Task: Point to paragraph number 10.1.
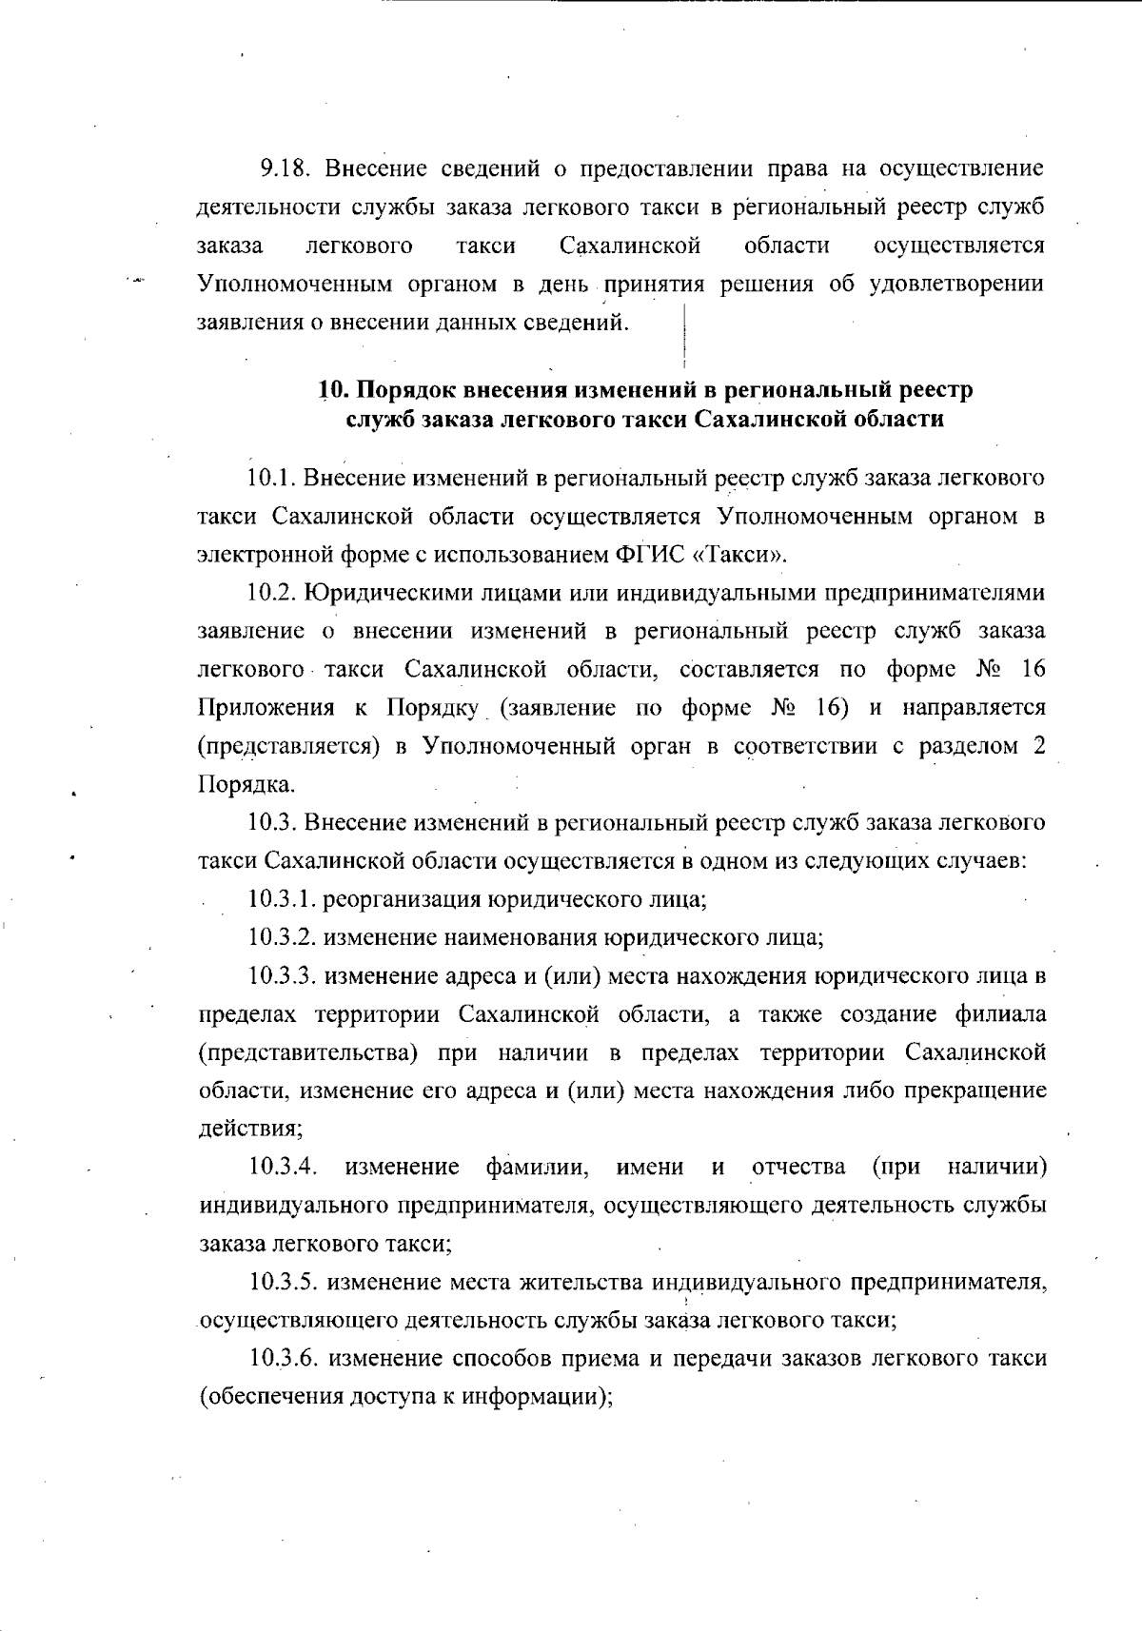[271, 478]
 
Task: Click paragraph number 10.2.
[271, 593]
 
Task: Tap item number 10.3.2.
[283, 937]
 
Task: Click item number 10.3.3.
[283, 976]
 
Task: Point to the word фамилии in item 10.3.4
[541, 1168]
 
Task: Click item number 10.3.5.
[283, 1283]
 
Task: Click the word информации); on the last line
[534, 1398]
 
